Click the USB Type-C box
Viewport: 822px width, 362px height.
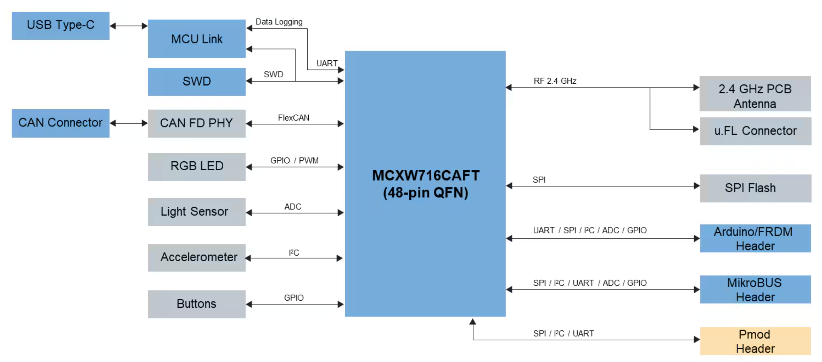tap(60, 26)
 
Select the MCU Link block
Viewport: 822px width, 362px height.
tap(197, 39)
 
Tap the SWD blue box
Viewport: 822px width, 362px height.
tap(197, 81)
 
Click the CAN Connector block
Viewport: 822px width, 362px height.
tap(60, 123)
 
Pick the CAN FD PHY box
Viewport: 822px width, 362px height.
tap(197, 123)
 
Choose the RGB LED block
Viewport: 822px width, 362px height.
tap(197, 166)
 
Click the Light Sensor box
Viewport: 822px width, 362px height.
tap(197, 212)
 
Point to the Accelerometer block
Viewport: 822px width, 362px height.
tap(197, 257)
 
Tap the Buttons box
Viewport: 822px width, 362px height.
tap(197, 304)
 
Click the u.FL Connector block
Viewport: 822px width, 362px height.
tap(755, 131)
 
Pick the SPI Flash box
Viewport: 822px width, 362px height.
tap(755, 188)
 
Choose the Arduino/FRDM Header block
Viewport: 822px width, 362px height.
tap(755, 238)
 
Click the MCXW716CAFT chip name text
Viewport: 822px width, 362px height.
tap(426, 176)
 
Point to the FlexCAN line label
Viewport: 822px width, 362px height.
tap(293, 118)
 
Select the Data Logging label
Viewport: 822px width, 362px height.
tap(279, 22)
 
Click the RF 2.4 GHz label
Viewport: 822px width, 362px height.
tap(555, 81)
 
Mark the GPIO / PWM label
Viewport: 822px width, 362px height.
tap(294, 160)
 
